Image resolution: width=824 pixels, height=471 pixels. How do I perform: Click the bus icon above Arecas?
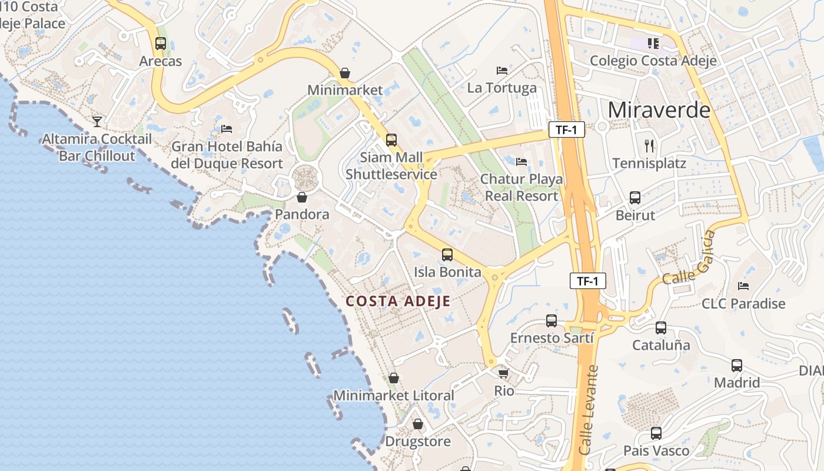click(x=160, y=43)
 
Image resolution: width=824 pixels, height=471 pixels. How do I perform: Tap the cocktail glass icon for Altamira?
click(x=97, y=121)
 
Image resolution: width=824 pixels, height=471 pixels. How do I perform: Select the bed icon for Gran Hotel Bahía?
click(x=227, y=128)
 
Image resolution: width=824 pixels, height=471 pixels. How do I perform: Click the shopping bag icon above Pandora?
click(x=302, y=197)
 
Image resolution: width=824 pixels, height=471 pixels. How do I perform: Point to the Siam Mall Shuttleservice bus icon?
click(x=391, y=140)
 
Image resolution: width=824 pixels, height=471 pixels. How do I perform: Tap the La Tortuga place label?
click(x=501, y=88)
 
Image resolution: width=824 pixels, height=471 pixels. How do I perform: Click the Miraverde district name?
click(x=659, y=110)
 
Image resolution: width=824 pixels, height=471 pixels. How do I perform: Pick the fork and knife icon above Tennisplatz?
click(x=649, y=145)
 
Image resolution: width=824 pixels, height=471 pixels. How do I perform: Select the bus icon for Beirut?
click(x=635, y=198)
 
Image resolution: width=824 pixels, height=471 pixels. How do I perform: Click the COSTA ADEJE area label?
click(x=398, y=301)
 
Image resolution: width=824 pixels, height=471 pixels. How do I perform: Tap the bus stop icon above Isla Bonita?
click(x=447, y=255)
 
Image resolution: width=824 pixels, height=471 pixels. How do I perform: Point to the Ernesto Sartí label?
click(x=551, y=338)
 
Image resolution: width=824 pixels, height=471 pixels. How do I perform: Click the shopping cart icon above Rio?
click(x=503, y=373)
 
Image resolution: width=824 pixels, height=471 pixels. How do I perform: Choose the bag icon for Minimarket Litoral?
click(x=394, y=378)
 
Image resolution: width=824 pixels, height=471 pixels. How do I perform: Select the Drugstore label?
click(x=417, y=442)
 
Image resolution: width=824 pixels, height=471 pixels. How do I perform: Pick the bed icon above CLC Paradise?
click(x=743, y=286)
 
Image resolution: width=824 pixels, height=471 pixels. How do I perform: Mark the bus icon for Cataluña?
click(x=661, y=328)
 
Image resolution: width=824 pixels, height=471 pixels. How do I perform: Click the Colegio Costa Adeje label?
click(x=653, y=61)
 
